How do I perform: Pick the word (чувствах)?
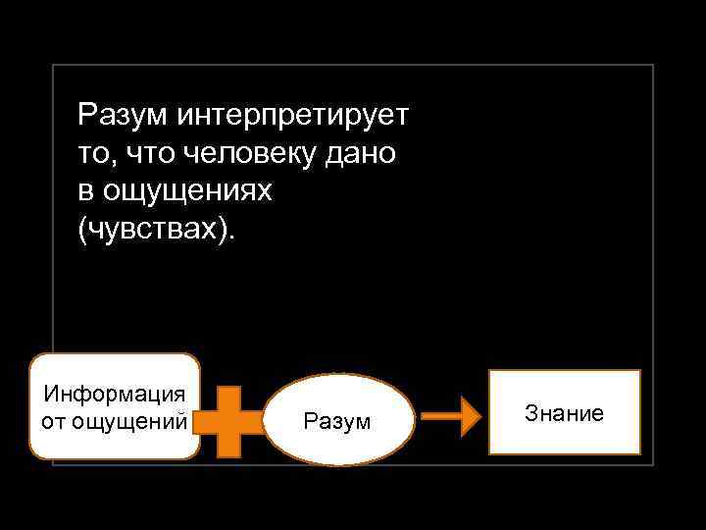157,231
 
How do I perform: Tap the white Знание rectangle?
564,412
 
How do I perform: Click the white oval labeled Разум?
337,420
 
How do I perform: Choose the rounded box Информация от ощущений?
115,406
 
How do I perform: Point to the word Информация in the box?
115,395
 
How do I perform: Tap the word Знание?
564,413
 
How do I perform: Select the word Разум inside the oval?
337,421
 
